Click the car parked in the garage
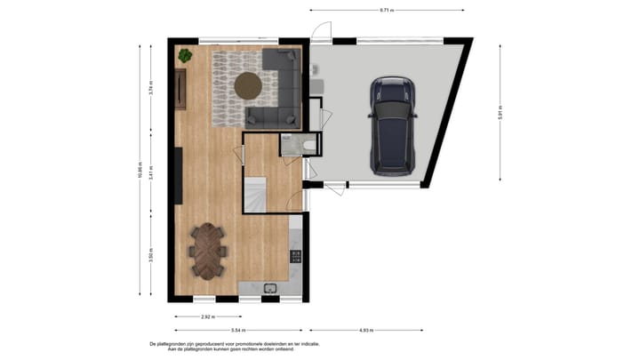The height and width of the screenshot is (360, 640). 393,124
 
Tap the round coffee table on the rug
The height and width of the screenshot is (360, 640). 248,85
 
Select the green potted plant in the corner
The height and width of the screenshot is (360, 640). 185,56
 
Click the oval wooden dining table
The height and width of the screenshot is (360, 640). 209,250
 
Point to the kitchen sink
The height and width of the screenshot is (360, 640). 271,288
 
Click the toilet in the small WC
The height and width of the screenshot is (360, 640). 307,145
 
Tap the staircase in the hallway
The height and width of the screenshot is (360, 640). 256,195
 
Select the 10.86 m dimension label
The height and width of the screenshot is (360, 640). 139,170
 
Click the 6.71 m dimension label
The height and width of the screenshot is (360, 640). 386,10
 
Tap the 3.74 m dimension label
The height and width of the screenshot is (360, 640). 152,87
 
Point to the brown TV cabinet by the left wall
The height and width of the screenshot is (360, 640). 181,89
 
